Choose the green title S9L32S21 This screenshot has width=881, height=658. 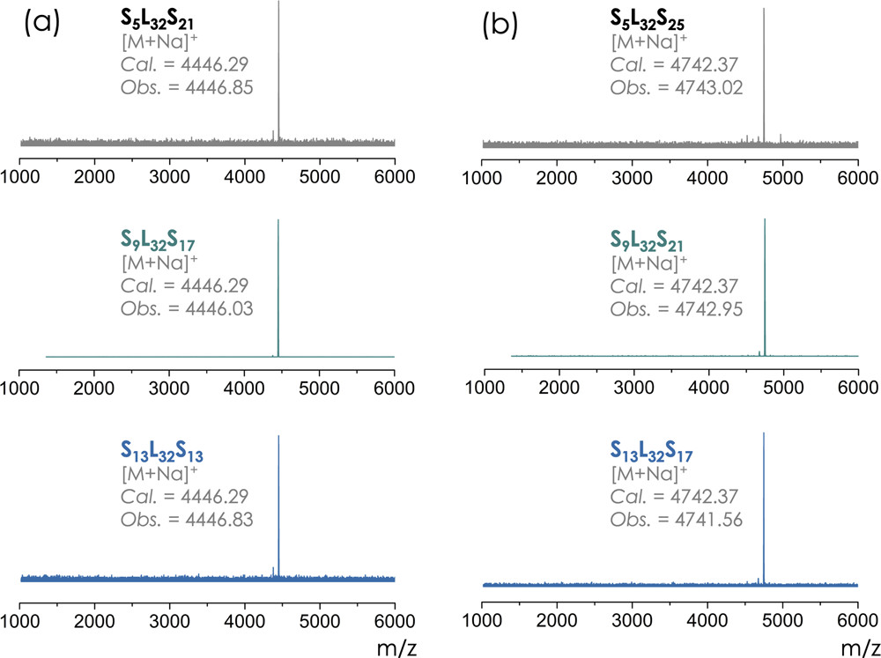(x=650, y=239)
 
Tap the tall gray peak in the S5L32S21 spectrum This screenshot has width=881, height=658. (x=279, y=70)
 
